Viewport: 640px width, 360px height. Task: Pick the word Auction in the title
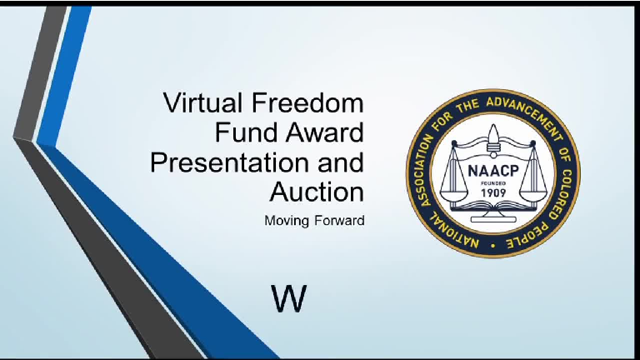[317, 191]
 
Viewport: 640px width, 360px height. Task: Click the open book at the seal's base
[492, 208]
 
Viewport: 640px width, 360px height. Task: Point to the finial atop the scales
[492, 133]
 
